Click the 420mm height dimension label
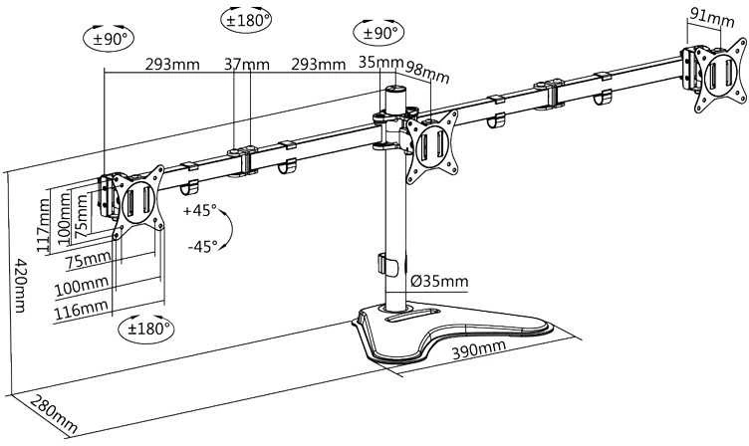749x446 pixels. tap(20, 286)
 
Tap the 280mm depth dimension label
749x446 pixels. tap(53, 413)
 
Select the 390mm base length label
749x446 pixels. tap(479, 349)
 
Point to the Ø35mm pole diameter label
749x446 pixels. tap(439, 282)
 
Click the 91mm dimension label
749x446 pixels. tap(712, 20)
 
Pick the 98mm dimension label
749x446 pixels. tap(427, 71)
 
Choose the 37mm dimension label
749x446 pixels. tap(247, 64)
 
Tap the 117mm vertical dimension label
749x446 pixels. tap(43, 225)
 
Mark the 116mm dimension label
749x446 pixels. tap(82, 311)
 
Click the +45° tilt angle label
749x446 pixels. tap(199, 210)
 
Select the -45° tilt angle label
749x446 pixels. tap(202, 247)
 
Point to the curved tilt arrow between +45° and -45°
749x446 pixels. tap(228, 228)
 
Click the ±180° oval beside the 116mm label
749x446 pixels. tap(146, 329)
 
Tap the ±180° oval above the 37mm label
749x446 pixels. tap(246, 20)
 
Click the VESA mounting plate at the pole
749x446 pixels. tap(432, 146)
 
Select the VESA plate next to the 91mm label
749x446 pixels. tap(720, 75)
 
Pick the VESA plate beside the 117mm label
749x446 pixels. tap(138, 201)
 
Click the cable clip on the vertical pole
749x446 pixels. tap(387, 265)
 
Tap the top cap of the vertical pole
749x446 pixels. tap(395, 90)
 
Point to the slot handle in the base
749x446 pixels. tap(412, 316)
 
